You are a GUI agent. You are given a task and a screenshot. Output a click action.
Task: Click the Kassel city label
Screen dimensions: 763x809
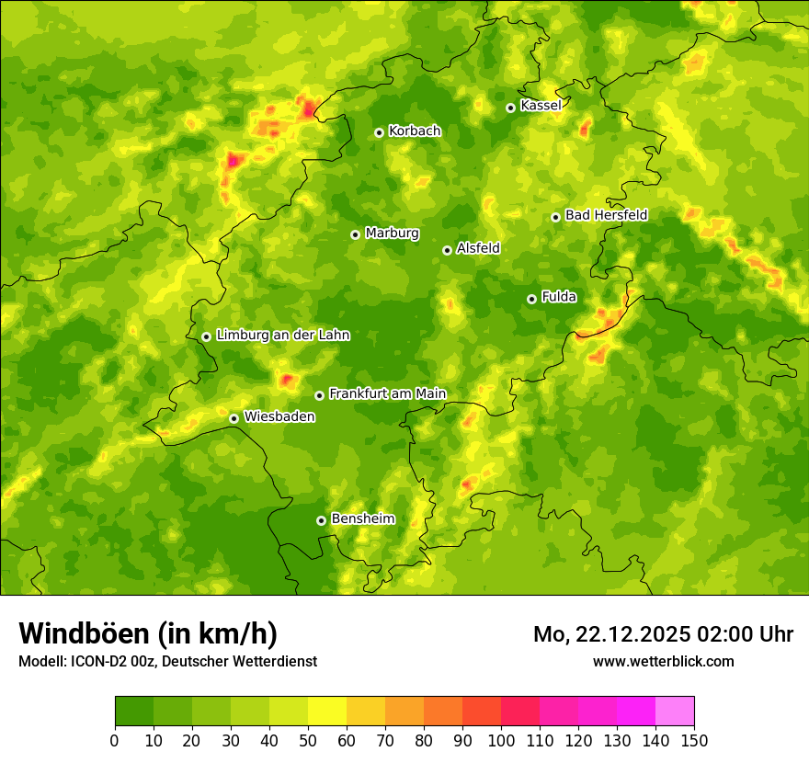pyautogui.click(x=541, y=106)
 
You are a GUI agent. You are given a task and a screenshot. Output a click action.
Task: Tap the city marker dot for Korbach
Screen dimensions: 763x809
pyautogui.click(x=379, y=132)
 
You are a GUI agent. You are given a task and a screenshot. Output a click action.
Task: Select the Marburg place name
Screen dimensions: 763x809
pyautogui.click(x=392, y=233)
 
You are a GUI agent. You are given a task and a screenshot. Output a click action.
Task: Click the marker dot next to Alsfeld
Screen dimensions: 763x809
pyautogui.click(x=447, y=250)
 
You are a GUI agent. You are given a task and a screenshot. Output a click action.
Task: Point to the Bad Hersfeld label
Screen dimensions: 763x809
pyautogui.click(x=606, y=215)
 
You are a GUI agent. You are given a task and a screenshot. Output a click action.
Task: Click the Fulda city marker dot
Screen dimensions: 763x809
pyautogui.click(x=531, y=299)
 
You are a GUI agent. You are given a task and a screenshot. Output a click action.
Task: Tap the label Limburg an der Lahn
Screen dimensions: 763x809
pyautogui.click(x=282, y=336)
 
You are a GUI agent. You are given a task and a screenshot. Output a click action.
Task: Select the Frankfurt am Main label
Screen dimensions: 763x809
pyautogui.click(x=387, y=393)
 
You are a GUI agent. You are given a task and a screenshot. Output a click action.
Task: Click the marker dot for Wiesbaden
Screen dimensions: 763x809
pyautogui.click(x=234, y=418)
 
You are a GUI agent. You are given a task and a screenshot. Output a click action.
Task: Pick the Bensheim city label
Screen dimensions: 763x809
pyautogui.click(x=362, y=518)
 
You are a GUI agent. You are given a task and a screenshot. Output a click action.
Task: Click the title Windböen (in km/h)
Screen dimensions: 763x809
pyautogui.click(x=148, y=633)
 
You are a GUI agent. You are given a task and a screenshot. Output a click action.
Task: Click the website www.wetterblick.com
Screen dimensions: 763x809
pyautogui.click(x=663, y=661)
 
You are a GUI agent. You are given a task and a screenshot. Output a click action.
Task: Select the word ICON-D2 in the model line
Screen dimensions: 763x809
pyautogui.click(x=96, y=661)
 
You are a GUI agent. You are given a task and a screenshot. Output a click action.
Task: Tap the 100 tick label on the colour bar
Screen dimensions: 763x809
pyautogui.click(x=500, y=740)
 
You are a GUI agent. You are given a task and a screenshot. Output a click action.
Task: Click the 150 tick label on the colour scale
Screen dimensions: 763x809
pyautogui.click(x=693, y=740)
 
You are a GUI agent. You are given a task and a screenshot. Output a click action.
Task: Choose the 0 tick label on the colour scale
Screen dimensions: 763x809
pyautogui.click(x=114, y=740)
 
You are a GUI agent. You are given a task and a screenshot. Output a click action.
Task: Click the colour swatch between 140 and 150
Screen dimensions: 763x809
pyautogui.click(x=674, y=712)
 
